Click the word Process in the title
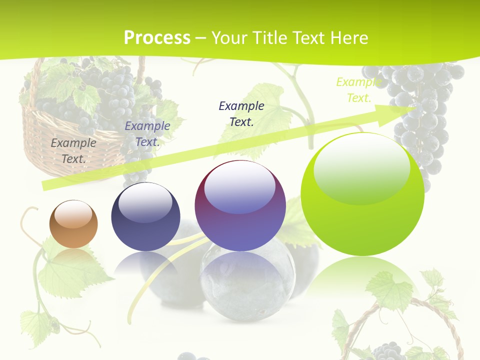coord(157,38)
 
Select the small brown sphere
coord(73,224)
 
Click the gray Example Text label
coord(73,150)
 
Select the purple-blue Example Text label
coord(147,133)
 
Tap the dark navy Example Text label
coord(241,113)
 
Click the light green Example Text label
coord(358,90)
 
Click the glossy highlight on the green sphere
coord(361,167)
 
